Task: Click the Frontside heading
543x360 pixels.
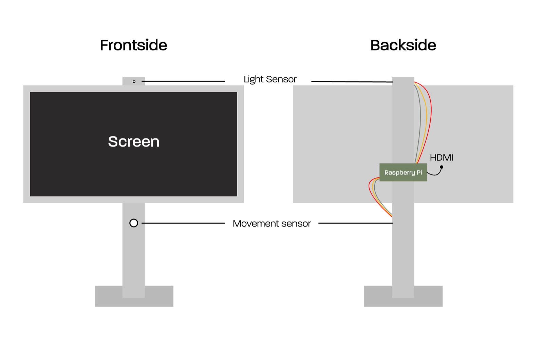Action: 133,45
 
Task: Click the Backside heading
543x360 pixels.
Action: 403,45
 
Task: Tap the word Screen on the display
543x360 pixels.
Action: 133,141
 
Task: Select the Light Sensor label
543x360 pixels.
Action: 270,79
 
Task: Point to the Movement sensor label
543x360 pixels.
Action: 271,224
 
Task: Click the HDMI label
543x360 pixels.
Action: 442,157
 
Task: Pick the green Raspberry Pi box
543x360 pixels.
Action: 403,172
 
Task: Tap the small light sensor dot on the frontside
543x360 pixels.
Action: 134,81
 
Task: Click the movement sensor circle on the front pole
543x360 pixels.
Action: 134,223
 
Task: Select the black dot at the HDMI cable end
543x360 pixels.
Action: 442,167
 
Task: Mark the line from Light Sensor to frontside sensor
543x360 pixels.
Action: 183,81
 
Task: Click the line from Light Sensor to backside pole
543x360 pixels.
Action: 351,81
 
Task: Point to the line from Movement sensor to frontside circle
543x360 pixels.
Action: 183,223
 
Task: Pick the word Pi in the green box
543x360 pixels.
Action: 419,172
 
